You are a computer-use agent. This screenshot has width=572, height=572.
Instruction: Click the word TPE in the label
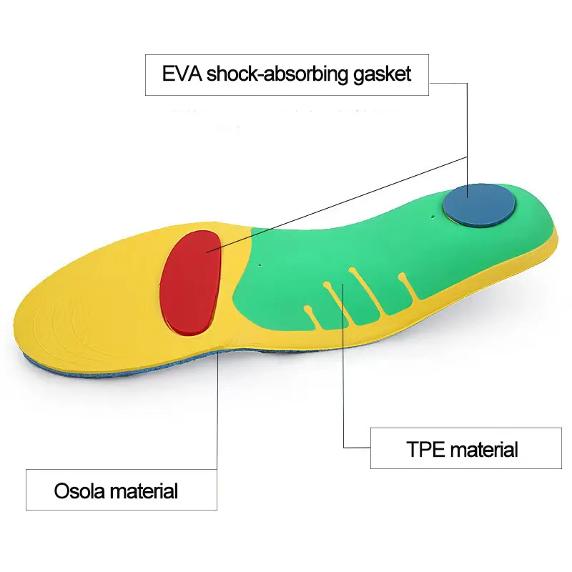(425, 450)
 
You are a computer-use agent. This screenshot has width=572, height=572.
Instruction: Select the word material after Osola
(147, 491)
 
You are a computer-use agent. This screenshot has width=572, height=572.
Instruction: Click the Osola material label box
(121, 490)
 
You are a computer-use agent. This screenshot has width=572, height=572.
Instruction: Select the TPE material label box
(465, 449)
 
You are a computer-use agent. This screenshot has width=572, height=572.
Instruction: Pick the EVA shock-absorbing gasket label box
(287, 74)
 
